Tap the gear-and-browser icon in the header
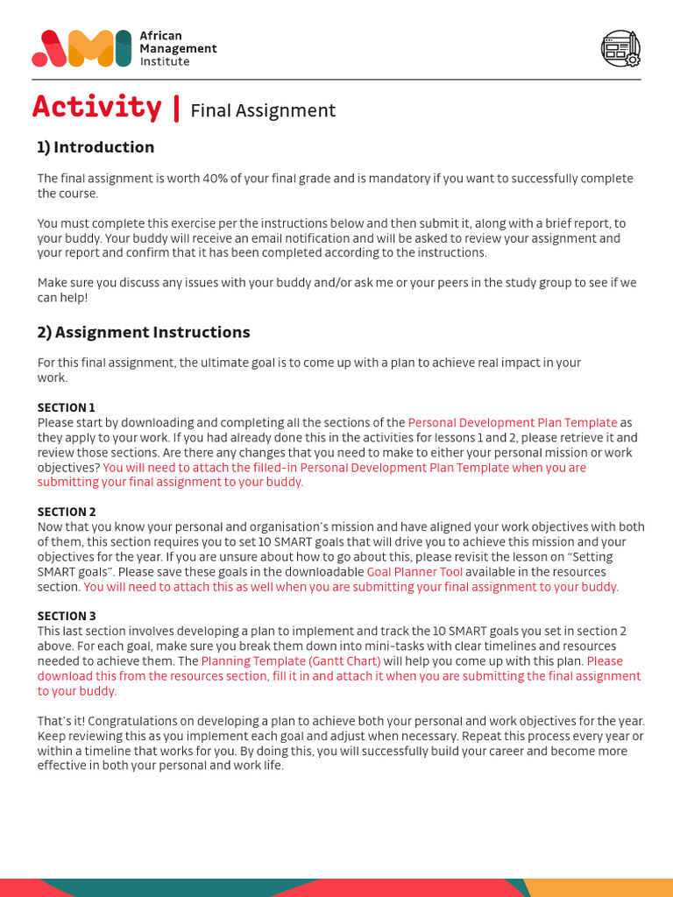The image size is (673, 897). [x=620, y=48]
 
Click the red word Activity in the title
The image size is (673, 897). [x=96, y=107]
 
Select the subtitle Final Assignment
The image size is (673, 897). [x=263, y=110]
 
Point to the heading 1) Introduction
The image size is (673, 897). [x=96, y=147]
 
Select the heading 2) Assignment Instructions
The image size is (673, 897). [x=144, y=332]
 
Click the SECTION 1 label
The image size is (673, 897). [x=67, y=407]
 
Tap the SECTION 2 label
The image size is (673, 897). [x=67, y=512]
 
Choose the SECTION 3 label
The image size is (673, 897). [x=67, y=616]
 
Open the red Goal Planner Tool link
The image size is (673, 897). [x=414, y=572]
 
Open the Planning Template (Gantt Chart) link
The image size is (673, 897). [x=291, y=661]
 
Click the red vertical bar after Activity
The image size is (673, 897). [x=177, y=108]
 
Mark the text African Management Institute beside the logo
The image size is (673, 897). [x=178, y=48]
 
